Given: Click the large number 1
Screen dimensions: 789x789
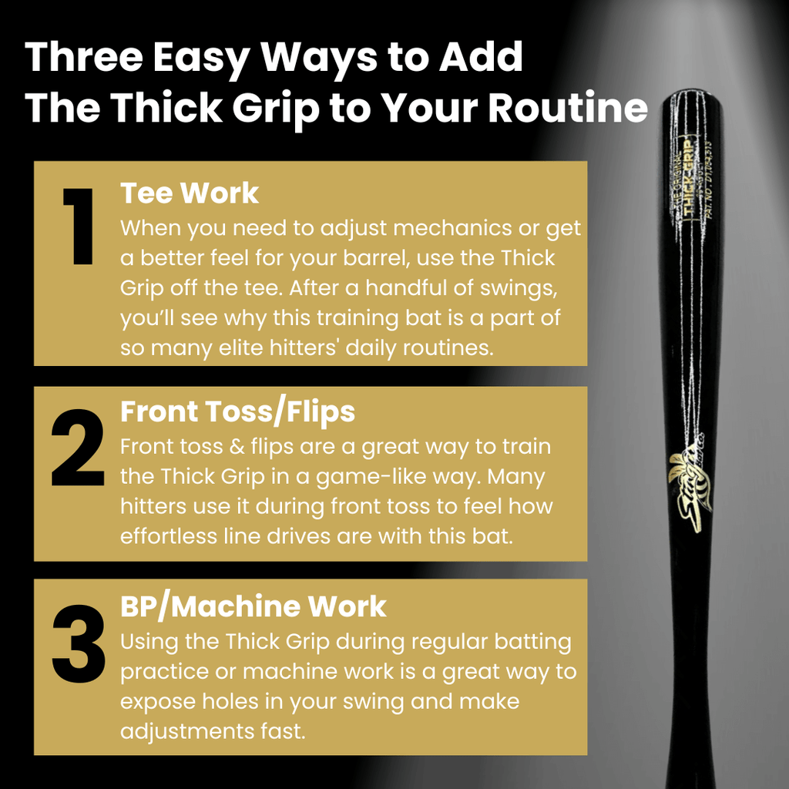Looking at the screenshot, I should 77,227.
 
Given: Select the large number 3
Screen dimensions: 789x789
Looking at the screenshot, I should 77,641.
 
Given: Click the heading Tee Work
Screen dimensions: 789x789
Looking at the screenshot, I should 190,193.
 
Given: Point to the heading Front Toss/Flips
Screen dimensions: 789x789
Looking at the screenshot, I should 237,412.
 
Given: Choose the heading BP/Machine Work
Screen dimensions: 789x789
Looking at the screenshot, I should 253,606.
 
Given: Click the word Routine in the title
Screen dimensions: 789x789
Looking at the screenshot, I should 568,109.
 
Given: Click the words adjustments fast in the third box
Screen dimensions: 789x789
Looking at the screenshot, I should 213,730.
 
